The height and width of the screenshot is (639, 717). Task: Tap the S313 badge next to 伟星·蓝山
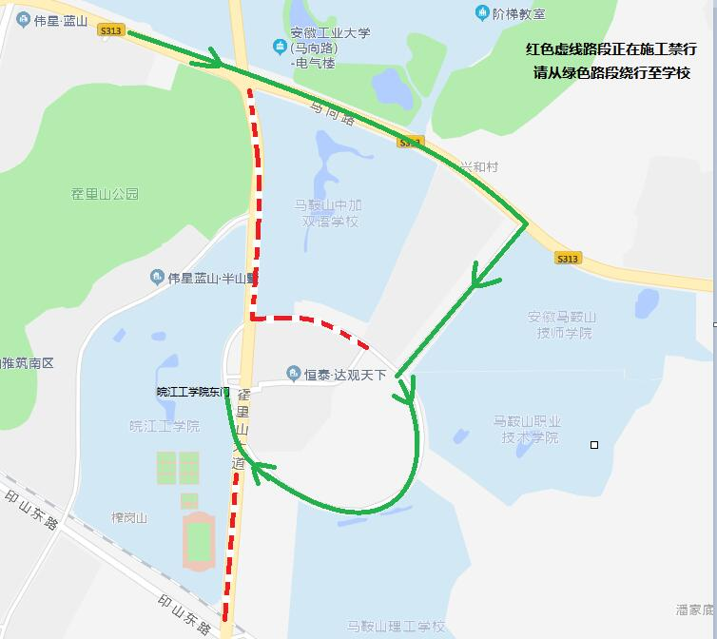[x=110, y=31]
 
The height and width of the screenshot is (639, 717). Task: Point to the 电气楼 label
[x=315, y=64]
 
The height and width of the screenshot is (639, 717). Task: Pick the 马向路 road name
[x=332, y=111]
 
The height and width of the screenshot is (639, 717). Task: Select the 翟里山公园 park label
[x=105, y=193]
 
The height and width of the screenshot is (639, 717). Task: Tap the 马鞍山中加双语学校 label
[x=329, y=213]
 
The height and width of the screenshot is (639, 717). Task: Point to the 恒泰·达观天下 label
[x=343, y=375]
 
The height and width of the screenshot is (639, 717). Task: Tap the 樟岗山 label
[x=129, y=517]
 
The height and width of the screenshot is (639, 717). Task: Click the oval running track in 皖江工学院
[x=198, y=541]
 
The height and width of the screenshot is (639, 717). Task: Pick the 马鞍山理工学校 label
[x=396, y=626]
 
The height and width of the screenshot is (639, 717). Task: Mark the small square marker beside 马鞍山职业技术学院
[x=594, y=444]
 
